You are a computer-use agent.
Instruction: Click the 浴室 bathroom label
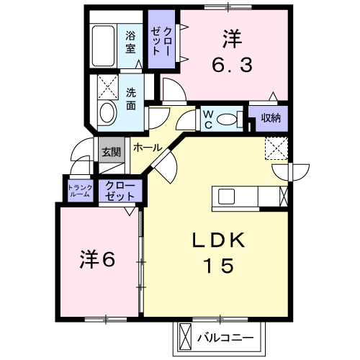tap(130, 42)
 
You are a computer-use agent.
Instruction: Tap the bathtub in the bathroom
tap(103, 45)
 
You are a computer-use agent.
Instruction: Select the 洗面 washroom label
tap(131, 99)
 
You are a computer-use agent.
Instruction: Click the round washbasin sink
tap(107, 113)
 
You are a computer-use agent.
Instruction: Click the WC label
tap(208, 119)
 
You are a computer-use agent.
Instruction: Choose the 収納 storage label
tap(271, 117)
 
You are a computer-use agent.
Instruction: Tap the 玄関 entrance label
tap(111, 152)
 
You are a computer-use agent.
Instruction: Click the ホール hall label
tap(148, 148)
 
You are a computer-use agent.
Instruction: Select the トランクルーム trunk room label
tap(80, 191)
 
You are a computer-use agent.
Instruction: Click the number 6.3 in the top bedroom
tap(232, 66)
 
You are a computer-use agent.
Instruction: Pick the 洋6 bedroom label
tap(97, 259)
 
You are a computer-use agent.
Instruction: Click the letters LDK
tap(219, 240)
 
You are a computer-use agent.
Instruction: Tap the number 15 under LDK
tap(219, 266)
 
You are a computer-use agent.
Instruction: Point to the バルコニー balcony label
tap(225, 338)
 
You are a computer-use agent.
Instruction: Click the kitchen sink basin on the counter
tap(226, 197)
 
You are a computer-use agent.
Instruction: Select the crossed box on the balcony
tap(185, 338)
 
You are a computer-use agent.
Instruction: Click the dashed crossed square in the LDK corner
tap(276, 148)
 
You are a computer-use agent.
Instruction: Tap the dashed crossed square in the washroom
tap(108, 87)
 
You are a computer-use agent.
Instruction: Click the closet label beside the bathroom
tap(161, 41)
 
